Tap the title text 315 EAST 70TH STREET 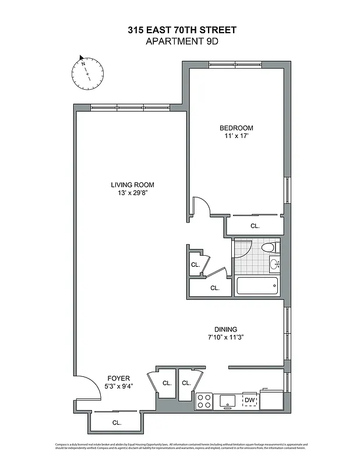tap(182, 30)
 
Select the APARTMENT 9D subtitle tap(182, 41)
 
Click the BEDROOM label tap(236, 128)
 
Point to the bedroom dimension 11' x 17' tap(236, 136)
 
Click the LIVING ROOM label tap(133, 185)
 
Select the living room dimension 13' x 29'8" tap(133, 193)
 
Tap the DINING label tap(225, 329)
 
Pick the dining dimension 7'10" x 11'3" tap(225, 337)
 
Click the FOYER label tap(118, 378)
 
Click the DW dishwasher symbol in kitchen tap(249, 400)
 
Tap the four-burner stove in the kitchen tap(204, 401)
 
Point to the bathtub tap(257, 286)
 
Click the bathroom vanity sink tap(274, 265)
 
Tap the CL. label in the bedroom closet tap(255, 225)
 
